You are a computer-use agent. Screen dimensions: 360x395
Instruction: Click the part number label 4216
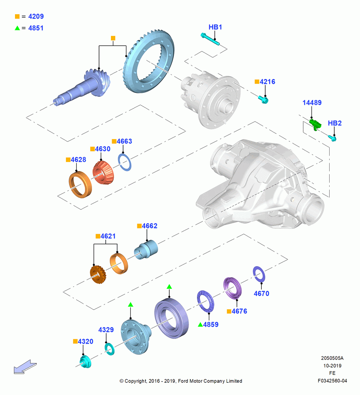(x=267, y=82)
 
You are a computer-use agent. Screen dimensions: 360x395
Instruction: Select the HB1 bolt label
(x=215, y=27)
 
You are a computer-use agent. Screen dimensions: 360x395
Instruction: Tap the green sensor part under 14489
(x=315, y=124)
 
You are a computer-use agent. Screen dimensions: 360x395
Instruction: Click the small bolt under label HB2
(x=332, y=138)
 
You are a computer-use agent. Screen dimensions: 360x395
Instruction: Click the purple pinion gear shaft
(x=83, y=87)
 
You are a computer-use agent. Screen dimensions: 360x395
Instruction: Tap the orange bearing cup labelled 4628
(x=80, y=184)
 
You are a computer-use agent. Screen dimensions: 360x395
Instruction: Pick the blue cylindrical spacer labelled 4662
(x=146, y=249)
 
